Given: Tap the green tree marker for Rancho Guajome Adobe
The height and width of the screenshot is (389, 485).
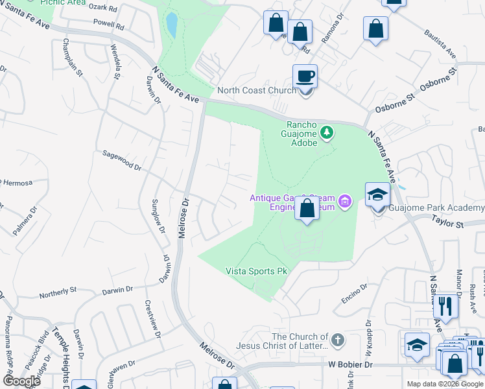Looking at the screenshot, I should (327, 133).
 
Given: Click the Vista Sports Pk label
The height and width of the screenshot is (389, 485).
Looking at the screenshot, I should (256, 271).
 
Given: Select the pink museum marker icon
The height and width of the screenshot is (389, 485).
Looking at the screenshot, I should (346, 202).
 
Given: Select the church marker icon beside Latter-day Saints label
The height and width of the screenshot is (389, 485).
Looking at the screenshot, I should (337, 340).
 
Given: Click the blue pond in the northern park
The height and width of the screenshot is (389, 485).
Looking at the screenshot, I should (172, 25).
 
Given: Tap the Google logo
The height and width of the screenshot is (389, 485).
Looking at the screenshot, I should (21, 381).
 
